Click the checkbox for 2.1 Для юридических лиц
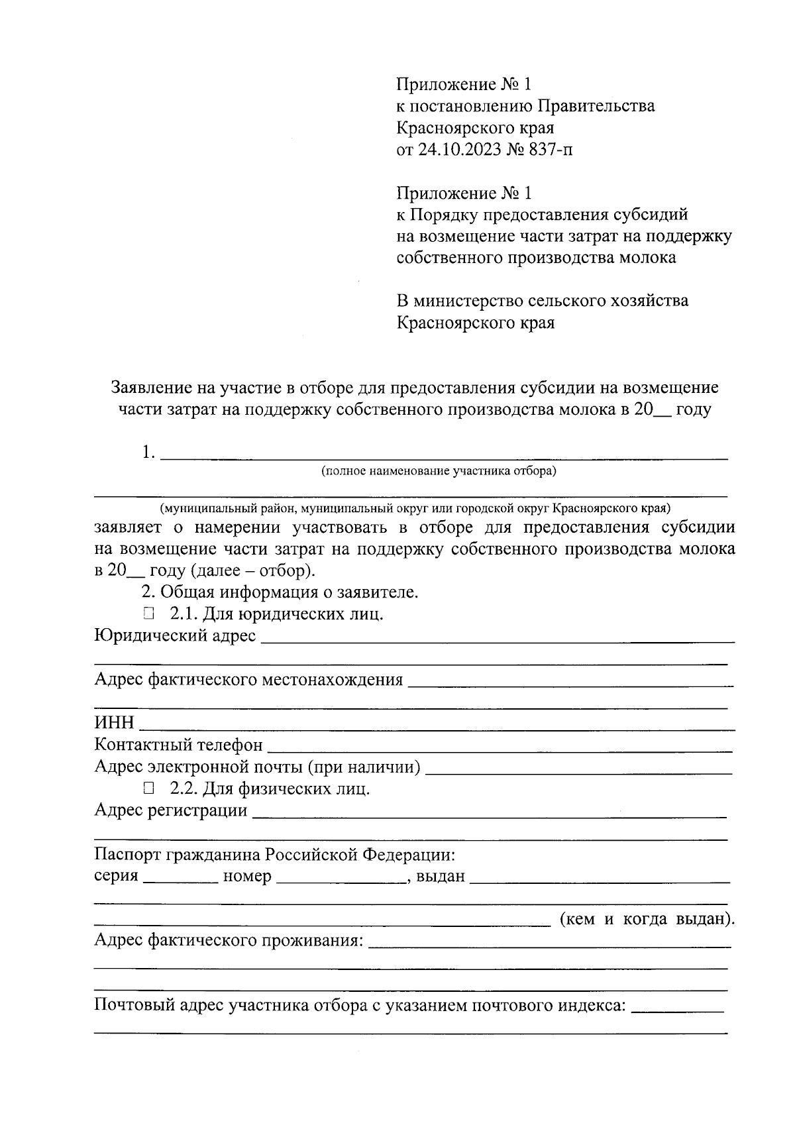[148, 614]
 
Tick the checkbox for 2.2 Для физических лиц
[148, 789]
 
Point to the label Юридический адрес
[175, 636]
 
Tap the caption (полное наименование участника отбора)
[439, 472]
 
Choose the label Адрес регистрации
[171, 811]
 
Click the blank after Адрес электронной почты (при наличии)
[578, 769]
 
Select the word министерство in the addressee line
[468, 301]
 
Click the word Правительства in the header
[596, 106]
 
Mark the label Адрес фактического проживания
[229, 941]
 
